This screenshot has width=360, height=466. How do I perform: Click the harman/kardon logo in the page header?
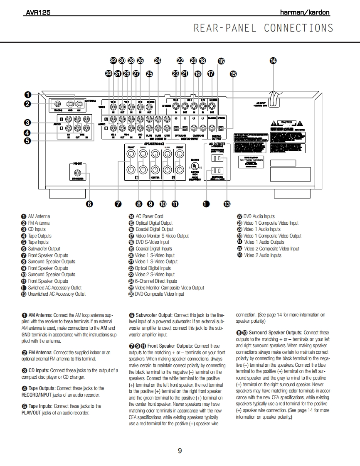tap(305, 12)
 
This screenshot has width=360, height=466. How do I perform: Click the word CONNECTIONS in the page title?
tap(298, 28)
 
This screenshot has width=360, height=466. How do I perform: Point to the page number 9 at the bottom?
tap(180, 451)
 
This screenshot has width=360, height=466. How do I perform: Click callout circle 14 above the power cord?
tap(273, 61)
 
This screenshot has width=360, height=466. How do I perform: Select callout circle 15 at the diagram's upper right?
tap(233, 74)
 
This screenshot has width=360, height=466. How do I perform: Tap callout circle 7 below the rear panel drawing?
tap(118, 204)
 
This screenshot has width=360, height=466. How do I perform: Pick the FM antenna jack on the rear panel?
tap(57, 104)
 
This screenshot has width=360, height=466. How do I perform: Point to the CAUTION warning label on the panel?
tap(287, 123)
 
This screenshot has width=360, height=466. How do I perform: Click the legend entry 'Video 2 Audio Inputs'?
tap(262, 255)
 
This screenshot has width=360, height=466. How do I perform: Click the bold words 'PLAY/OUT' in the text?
tap(32, 413)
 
